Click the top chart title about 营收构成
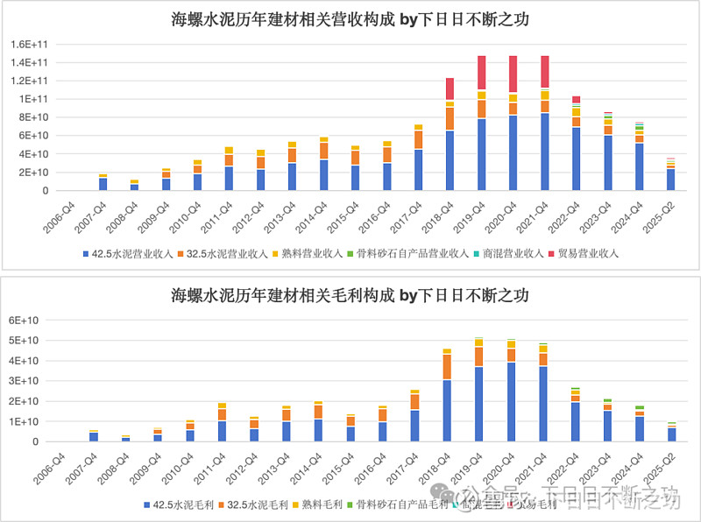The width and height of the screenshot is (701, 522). (350, 18)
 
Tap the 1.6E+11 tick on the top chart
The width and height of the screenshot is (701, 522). (29, 44)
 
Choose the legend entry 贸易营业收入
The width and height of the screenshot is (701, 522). (586, 254)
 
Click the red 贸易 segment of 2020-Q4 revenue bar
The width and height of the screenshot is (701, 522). (513, 74)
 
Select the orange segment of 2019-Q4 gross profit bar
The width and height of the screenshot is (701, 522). (479, 356)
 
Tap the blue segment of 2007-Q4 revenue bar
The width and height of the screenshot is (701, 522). (103, 184)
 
